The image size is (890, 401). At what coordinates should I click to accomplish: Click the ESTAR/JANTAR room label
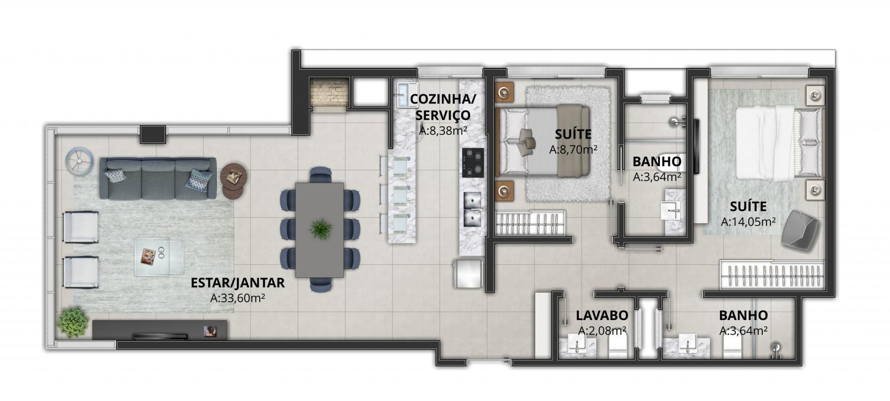point(237,283)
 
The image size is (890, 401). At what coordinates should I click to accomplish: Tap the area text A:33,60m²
point(237,298)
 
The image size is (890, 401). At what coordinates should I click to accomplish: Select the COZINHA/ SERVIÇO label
point(442,107)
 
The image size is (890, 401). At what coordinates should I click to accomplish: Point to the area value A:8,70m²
point(573,150)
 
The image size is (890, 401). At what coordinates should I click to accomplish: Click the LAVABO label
point(602,316)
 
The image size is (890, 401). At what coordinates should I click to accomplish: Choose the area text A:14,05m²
point(748,221)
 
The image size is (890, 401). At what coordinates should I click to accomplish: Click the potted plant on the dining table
point(320,229)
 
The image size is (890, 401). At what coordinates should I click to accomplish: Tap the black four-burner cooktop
point(473,163)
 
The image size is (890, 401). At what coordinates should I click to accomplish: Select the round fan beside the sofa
point(80,160)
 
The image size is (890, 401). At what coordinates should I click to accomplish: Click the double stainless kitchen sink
point(473,209)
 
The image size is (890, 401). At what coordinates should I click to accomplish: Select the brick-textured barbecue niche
point(328,93)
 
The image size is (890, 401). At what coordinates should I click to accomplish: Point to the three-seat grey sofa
point(158,178)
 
